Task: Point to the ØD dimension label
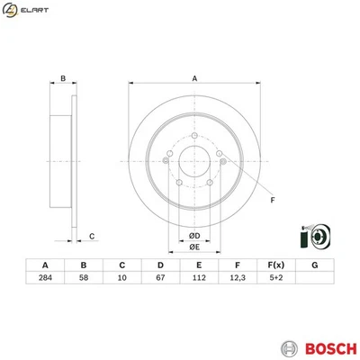(x=193, y=236)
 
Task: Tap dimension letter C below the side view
(x=93, y=237)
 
